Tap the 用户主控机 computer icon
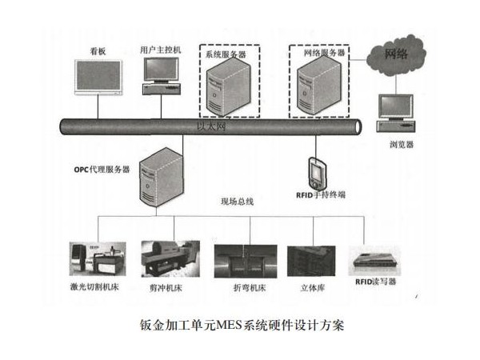pos(160,76)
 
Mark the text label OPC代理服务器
pos(102,170)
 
